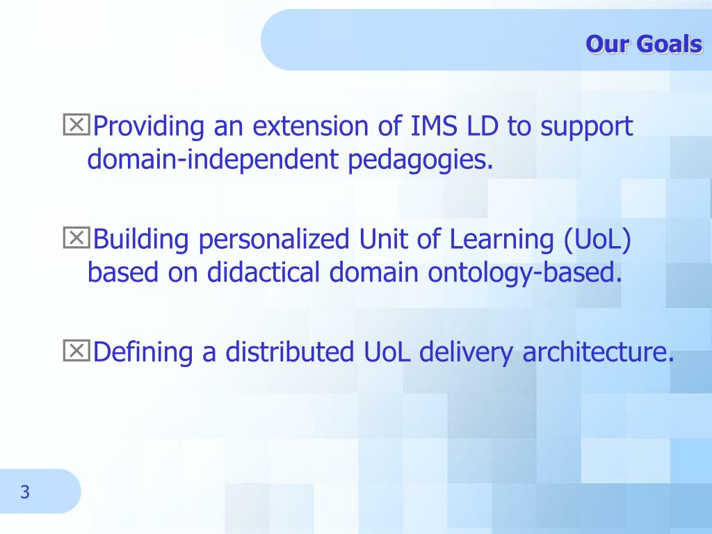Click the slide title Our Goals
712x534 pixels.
[645, 44]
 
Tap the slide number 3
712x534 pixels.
[25, 492]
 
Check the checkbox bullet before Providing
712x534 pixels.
[76, 125]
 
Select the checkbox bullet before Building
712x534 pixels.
[76, 238]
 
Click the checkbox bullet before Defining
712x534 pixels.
[76, 350]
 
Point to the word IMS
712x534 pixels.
[434, 126]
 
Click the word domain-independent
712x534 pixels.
[213, 161]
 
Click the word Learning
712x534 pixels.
[502, 240]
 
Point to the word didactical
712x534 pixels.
[264, 272]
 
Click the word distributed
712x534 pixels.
[290, 352]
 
